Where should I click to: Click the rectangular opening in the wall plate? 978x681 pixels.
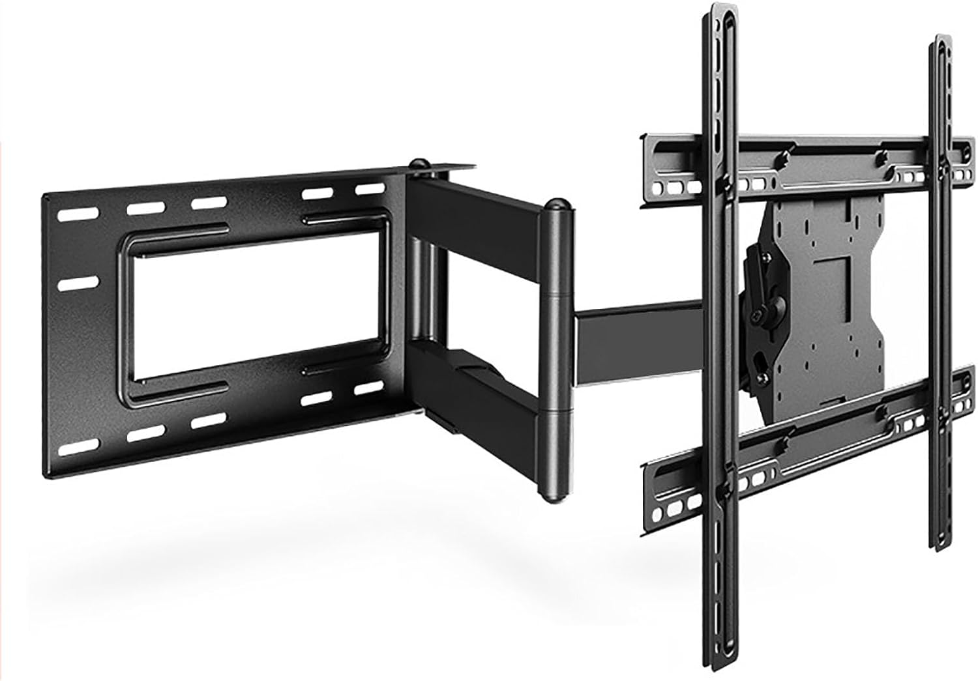pos(258,302)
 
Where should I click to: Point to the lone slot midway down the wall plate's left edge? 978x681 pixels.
pos(78,285)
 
